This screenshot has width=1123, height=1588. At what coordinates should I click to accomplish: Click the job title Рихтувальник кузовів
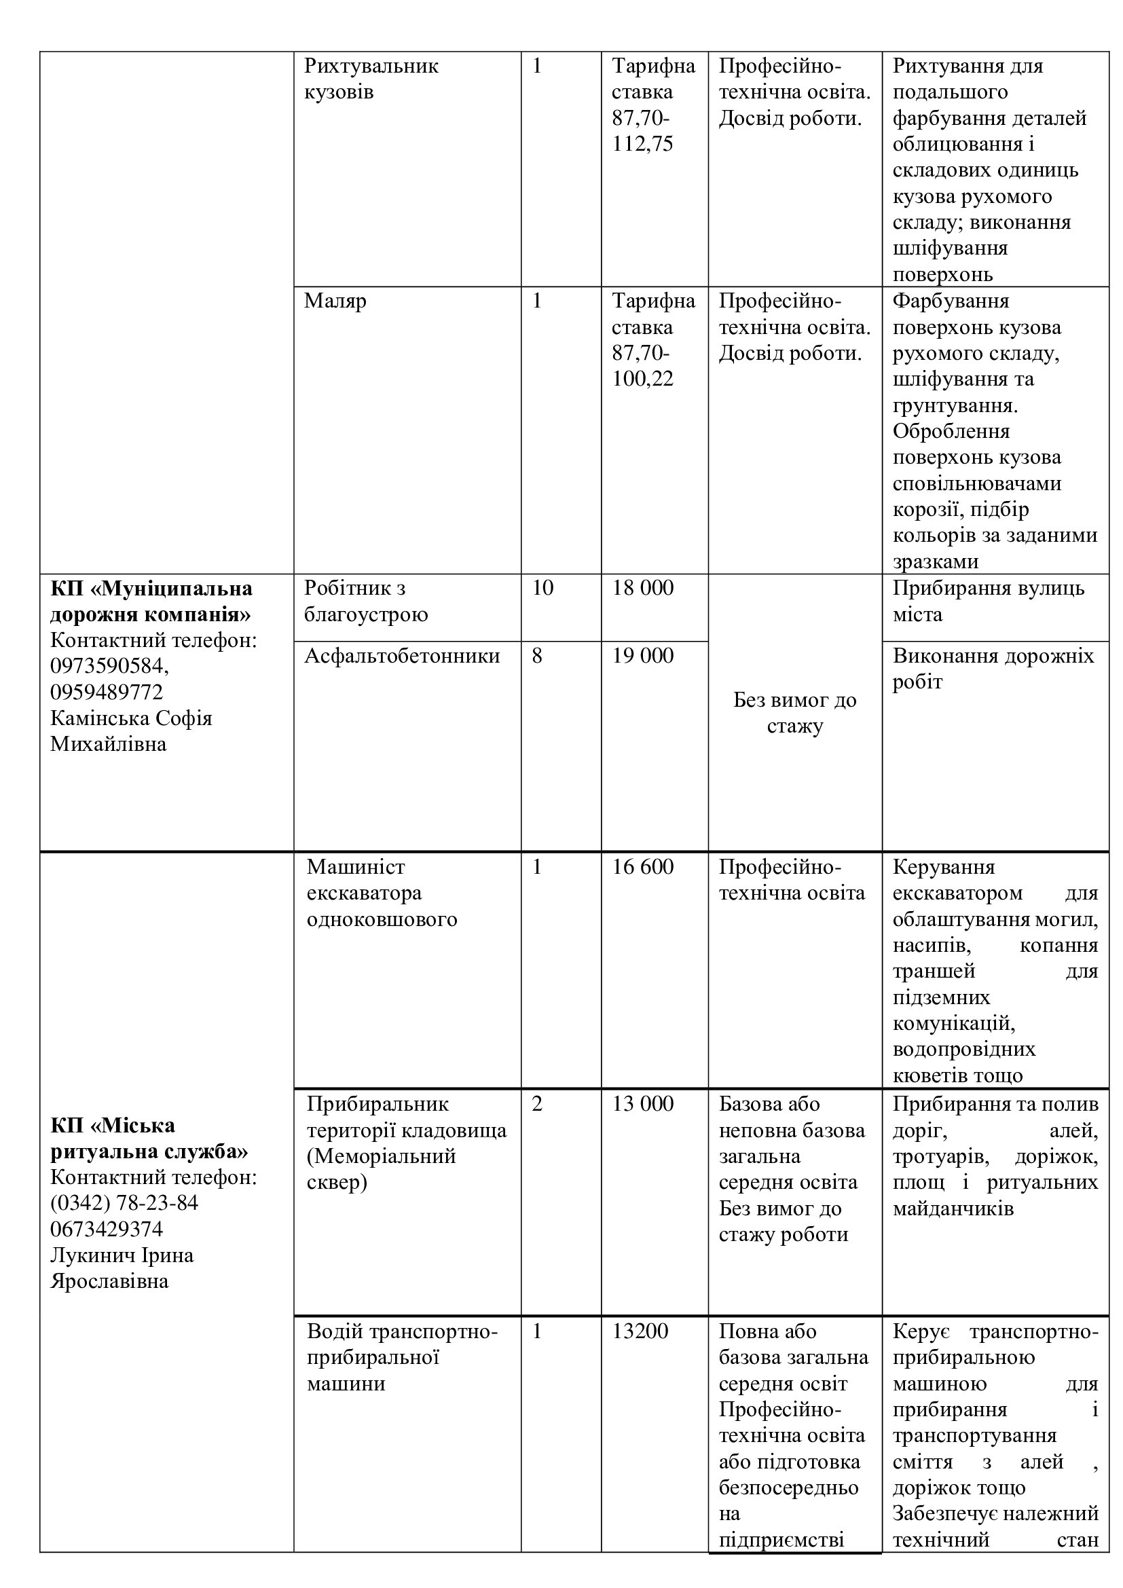[x=371, y=79]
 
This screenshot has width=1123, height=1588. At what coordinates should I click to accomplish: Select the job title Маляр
[x=335, y=301]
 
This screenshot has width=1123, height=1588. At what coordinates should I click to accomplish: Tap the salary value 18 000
[x=642, y=588]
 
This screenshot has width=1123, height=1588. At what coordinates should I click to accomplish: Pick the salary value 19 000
[x=642, y=656]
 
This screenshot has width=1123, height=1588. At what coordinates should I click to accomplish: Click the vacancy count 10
[x=543, y=588]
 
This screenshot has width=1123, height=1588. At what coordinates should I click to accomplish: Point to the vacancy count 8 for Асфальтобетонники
[x=537, y=656]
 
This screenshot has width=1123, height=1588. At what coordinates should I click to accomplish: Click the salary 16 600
[x=642, y=866]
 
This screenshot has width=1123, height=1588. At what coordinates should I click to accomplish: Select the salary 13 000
[x=642, y=1103]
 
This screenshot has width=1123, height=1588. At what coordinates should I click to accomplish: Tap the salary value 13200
[x=640, y=1331]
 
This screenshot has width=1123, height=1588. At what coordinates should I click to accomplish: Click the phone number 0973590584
[x=109, y=666]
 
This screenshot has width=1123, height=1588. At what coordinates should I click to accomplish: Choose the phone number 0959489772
[x=107, y=692]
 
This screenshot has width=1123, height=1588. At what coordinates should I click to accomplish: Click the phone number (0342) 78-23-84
[x=124, y=1203]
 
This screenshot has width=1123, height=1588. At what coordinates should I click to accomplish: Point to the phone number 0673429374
[x=107, y=1229]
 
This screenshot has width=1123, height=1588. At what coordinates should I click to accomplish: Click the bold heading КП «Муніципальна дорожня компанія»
[x=151, y=601]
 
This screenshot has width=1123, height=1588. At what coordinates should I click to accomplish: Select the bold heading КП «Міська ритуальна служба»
[x=149, y=1139]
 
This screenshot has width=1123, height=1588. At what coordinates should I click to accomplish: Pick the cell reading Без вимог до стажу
[x=794, y=713]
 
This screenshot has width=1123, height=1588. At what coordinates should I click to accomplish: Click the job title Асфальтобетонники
[x=402, y=656]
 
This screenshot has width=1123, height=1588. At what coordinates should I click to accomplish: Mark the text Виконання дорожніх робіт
[x=993, y=668]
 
